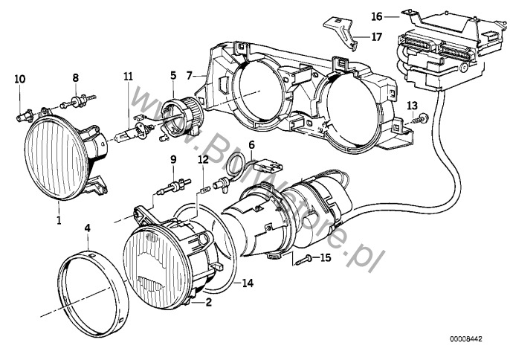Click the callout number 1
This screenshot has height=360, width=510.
57,221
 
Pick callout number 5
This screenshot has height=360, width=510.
173,75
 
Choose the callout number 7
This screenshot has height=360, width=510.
190,75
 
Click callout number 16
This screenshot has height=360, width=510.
377,15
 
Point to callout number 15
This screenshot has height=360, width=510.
324,258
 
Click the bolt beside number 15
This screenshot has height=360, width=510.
303,258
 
